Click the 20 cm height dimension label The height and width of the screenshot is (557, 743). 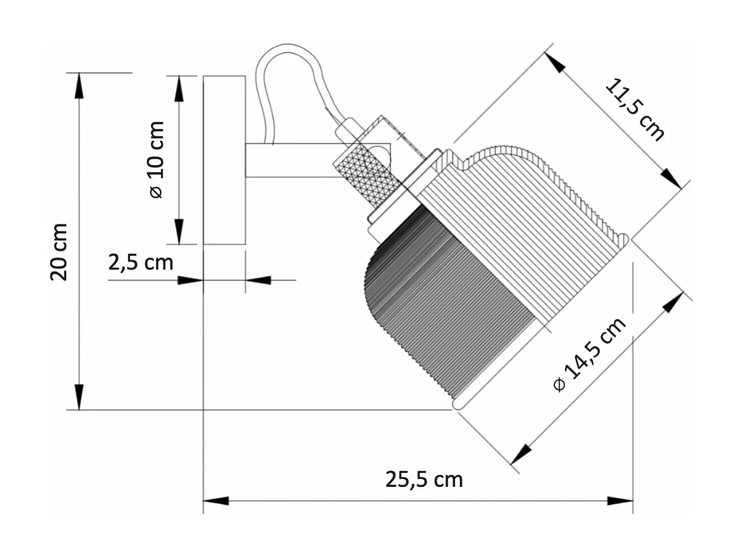pyautogui.click(x=59, y=252)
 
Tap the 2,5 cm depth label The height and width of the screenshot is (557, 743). pyautogui.click(x=140, y=262)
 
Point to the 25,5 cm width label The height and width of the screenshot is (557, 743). pyautogui.click(x=424, y=480)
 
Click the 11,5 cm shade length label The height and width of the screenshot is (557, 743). pyautogui.click(x=634, y=110)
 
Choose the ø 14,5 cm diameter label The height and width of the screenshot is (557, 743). pyautogui.click(x=590, y=355)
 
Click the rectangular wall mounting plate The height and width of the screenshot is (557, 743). pyautogui.click(x=224, y=160)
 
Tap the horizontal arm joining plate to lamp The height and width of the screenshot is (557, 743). pyautogui.click(x=288, y=161)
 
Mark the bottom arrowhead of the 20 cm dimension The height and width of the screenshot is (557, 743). pyautogui.click(x=79, y=397)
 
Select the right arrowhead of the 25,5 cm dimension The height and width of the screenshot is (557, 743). pyautogui.click(x=620, y=500)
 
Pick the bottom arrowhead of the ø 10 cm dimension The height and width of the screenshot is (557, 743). pyautogui.click(x=179, y=232)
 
